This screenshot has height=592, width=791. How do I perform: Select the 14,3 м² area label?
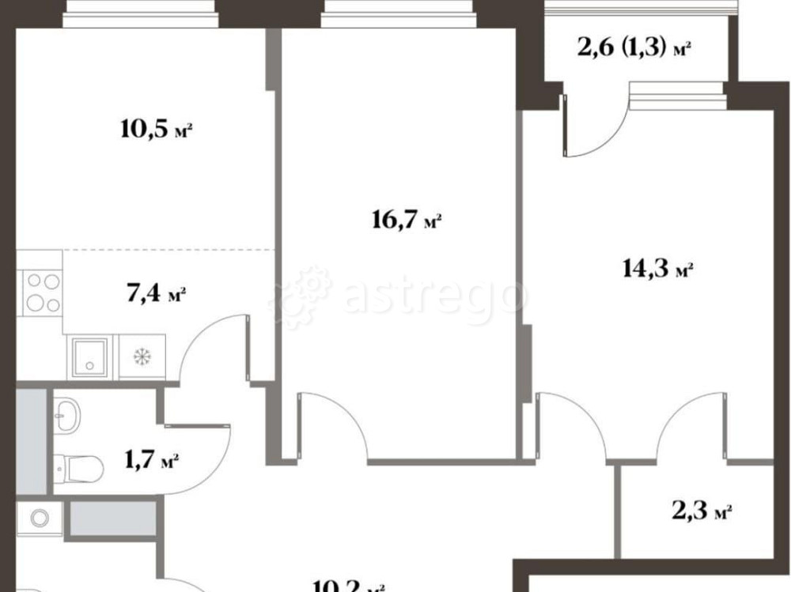pyautogui.click(x=657, y=270)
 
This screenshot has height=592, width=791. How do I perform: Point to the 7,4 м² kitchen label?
pyautogui.click(x=155, y=296)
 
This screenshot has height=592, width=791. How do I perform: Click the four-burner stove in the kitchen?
pyautogui.click(x=42, y=292)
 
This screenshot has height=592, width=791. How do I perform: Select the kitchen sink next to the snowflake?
pyautogui.click(x=90, y=355)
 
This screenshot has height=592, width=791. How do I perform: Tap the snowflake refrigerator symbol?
pyautogui.click(x=143, y=356)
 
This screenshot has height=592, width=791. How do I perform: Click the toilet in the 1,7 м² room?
pyautogui.click(x=79, y=469)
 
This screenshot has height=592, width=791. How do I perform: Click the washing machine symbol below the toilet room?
pyautogui.click(x=39, y=518)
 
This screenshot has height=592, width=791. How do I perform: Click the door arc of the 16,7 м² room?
pyautogui.click(x=336, y=423)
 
